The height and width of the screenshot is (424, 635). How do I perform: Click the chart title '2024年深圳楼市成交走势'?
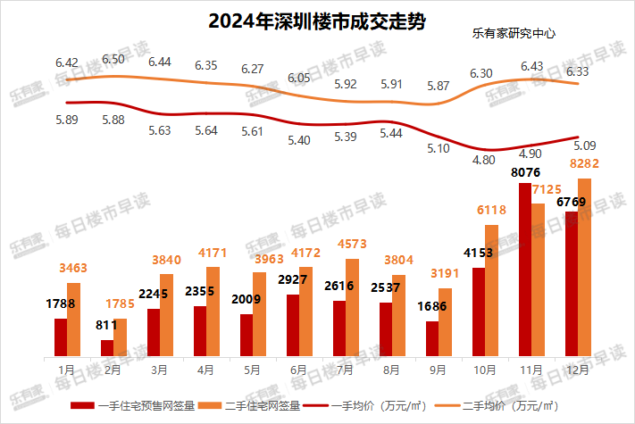pyautogui.click(x=316, y=21)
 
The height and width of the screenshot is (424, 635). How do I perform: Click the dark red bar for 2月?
pyautogui.click(x=107, y=346)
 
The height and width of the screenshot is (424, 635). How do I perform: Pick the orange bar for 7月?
pyautogui.click(x=352, y=306)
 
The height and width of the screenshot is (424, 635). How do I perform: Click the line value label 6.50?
pyautogui.click(x=113, y=59)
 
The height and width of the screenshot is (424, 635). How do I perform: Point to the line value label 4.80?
pyautogui.click(x=483, y=160)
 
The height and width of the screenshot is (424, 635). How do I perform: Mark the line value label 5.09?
pyautogui.click(x=584, y=145)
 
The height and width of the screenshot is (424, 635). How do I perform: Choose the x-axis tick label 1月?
pyautogui.click(x=67, y=367)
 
